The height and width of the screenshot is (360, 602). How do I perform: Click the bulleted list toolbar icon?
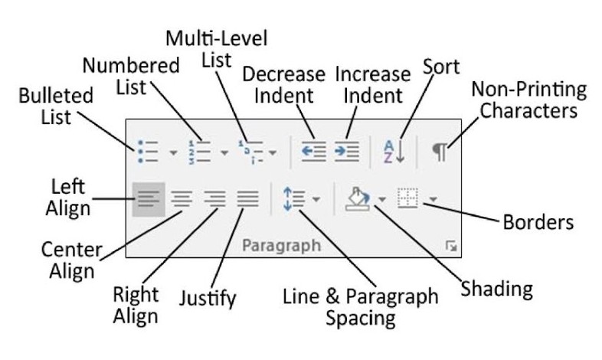point(148,152)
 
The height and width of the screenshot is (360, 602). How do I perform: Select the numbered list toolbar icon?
point(199,152)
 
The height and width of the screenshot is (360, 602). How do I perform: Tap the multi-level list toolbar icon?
point(250,152)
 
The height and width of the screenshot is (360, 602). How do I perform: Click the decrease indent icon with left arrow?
point(314,151)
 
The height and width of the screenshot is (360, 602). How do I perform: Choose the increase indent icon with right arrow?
point(346,151)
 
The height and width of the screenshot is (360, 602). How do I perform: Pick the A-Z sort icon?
point(394,151)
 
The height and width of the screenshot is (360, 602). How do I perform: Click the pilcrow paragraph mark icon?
point(440,152)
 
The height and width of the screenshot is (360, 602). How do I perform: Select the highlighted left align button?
point(149,200)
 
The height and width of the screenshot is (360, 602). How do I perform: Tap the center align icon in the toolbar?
point(182,200)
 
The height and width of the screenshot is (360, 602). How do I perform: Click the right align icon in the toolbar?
point(215,200)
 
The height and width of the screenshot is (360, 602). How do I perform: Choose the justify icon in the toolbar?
point(248,200)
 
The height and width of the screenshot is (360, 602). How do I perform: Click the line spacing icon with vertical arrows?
point(294,199)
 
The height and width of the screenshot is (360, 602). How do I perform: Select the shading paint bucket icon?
point(358,199)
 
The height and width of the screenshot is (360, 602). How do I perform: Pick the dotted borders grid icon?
point(407,198)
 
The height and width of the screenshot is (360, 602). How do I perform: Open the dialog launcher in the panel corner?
point(451,246)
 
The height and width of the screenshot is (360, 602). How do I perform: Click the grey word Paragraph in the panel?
point(281,246)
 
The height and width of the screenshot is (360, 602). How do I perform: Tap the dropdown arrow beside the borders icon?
point(433,199)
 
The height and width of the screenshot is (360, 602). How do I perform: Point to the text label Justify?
point(208,299)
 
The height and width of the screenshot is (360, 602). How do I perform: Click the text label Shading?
point(497,289)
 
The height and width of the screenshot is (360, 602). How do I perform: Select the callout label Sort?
point(441,67)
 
